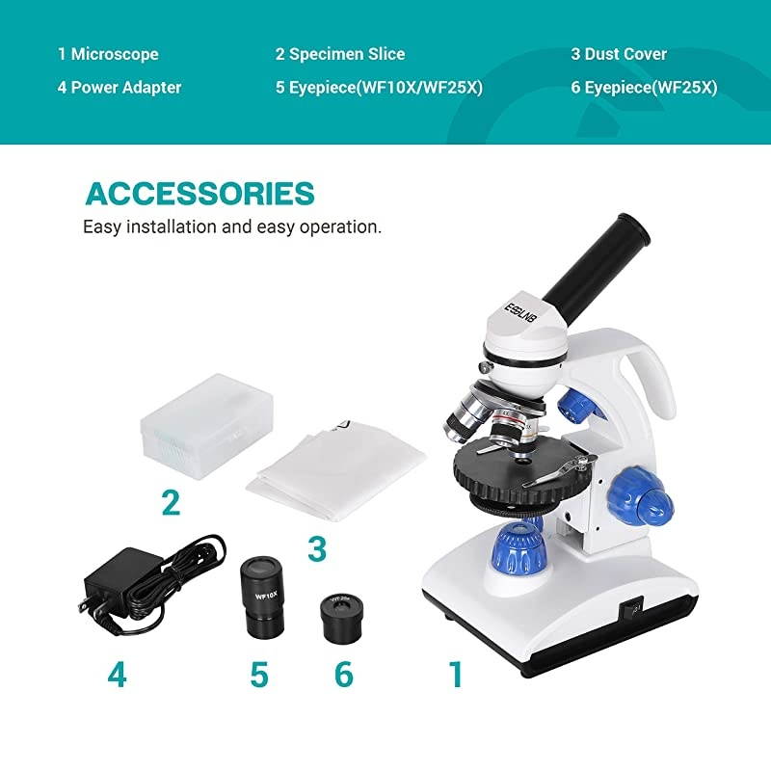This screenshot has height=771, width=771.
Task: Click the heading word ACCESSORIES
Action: [x=199, y=193]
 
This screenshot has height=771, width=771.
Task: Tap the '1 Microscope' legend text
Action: [x=108, y=54]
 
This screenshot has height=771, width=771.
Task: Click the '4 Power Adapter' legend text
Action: [x=120, y=88]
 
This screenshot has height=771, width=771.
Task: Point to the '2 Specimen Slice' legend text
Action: [x=340, y=54]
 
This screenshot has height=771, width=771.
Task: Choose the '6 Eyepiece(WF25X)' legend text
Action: [x=644, y=88]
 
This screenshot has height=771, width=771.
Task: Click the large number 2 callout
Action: [x=171, y=502]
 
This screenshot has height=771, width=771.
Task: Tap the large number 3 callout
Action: [x=317, y=549]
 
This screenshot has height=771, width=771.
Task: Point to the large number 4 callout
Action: [x=117, y=675]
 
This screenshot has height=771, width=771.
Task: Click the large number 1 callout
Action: [x=456, y=675]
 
